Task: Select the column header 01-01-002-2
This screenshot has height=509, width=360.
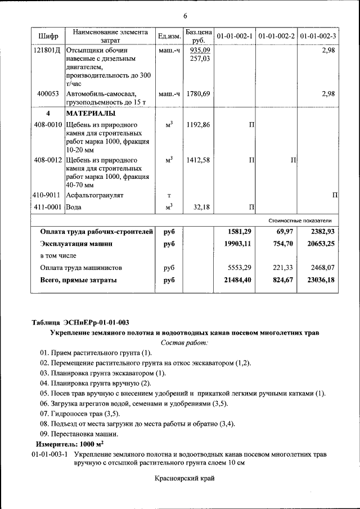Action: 276,36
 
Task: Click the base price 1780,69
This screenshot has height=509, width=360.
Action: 198,94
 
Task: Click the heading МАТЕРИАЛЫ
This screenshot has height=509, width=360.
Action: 91,114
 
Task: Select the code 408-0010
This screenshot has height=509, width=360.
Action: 48,124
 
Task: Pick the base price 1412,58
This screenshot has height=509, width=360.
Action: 198,160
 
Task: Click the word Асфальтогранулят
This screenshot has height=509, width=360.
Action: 94,195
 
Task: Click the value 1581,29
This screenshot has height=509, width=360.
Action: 239,232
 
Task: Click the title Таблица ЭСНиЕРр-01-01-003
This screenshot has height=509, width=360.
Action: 80,322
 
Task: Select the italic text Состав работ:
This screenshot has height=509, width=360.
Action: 184,342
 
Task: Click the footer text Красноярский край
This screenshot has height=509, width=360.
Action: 184,479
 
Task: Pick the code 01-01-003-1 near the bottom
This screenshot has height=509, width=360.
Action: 49,453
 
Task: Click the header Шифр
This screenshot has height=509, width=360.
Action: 48,36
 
